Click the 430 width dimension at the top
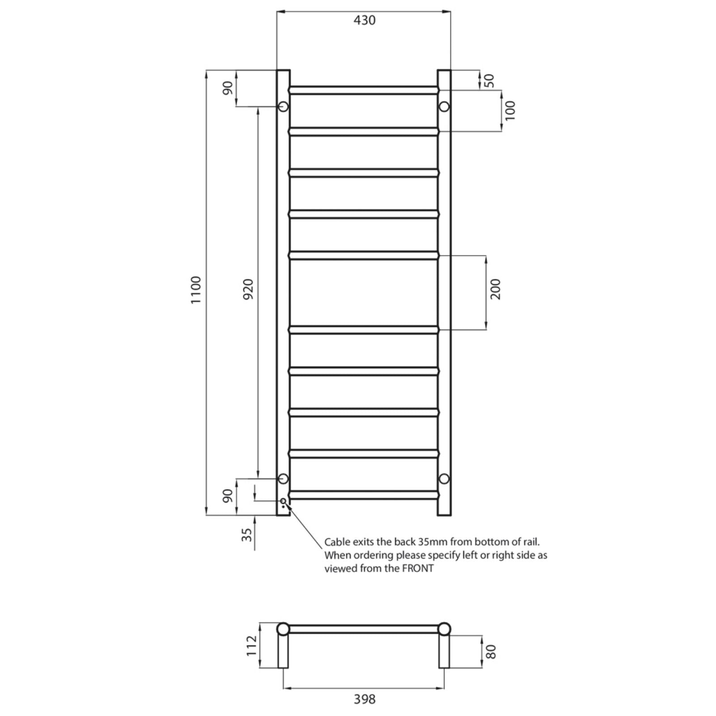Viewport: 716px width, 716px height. (364, 21)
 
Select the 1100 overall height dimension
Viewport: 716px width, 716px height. (196, 290)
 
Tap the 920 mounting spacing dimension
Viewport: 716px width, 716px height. (248, 289)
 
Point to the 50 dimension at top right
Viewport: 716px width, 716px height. (490, 81)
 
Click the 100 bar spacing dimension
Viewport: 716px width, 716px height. (510, 110)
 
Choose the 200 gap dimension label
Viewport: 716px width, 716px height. (496, 289)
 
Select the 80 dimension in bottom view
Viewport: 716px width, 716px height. (491, 652)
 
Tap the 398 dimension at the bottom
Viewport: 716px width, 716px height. (364, 699)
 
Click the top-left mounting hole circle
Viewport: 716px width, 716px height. (283, 107)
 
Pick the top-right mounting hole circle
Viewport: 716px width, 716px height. (444, 107)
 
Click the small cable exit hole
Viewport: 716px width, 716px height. (283, 501)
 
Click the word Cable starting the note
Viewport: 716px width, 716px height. (337, 542)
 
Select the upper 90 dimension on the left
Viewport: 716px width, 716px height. (228, 88)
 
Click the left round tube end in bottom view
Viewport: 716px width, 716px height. (283, 629)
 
